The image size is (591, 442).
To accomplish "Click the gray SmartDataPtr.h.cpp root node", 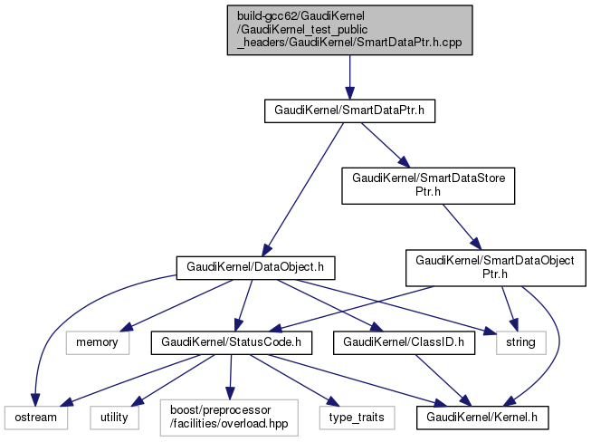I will point(349,30).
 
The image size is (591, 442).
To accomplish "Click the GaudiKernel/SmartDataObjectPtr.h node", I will point(494,267).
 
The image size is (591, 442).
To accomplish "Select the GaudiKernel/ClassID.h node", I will point(398,342).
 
